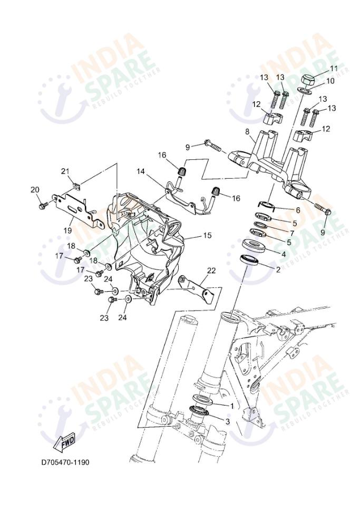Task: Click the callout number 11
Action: (x=334, y=69)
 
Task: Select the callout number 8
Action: (x=247, y=131)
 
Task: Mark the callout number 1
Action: (x=231, y=406)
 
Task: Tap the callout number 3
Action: (x=227, y=421)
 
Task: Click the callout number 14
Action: (x=141, y=171)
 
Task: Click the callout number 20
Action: (x=35, y=190)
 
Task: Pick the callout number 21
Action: (x=65, y=171)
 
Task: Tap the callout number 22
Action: (x=211, y=271)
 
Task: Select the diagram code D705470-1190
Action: (x=65, y=462)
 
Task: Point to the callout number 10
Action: (x=330, y=81)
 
